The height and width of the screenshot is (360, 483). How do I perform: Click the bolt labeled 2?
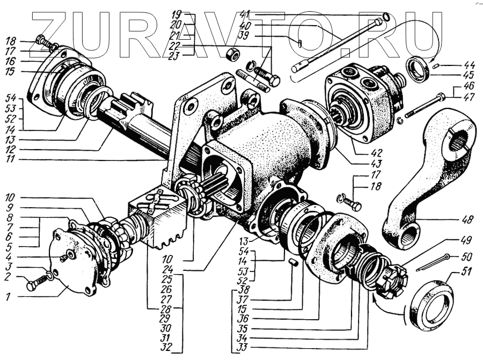click(36, 283)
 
